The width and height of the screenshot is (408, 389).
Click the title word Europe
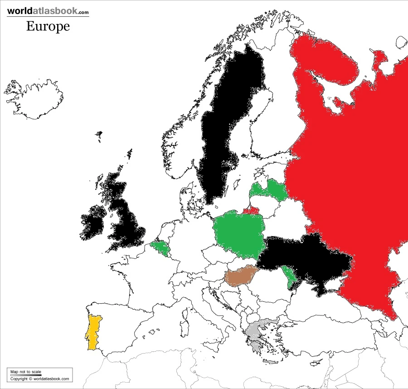[x=48, y=26]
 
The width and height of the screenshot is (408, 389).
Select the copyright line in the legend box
[x=40, y=379]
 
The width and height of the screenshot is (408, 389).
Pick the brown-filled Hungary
[x=241, y=276]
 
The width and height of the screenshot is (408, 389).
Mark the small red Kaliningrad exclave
[x=250, y=211]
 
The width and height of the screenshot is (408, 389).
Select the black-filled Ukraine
[x=304, y=263]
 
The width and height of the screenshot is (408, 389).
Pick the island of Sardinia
[x=184, y=329]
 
